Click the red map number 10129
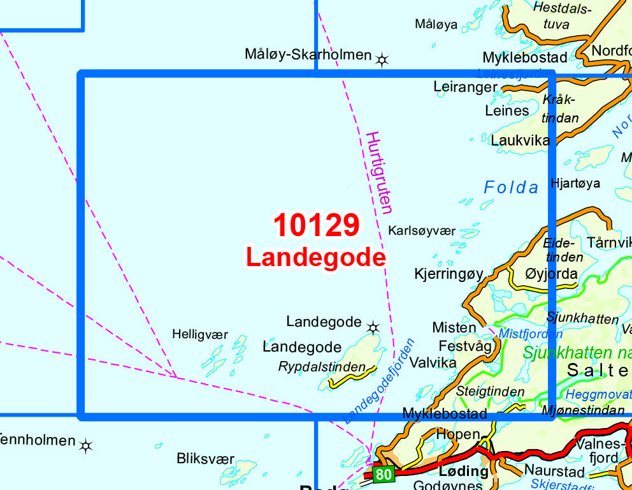click(317, 226)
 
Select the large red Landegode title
click(316, 258)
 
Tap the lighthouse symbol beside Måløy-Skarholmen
click(382, 60)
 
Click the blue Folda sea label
click(511, 188)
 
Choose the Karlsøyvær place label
click(422, 230)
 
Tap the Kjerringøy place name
click(449, 274)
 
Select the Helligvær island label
click(199, 334)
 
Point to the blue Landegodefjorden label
click(379, 382)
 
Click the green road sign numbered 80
click(384, 474)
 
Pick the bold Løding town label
click(464, 471)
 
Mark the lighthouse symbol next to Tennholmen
click(86, 445)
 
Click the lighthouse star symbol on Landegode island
click(373, 328)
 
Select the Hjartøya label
click(575, 184)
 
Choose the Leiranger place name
click(465, 87)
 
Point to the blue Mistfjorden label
click(531, 334)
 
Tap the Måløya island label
click(436, 24)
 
